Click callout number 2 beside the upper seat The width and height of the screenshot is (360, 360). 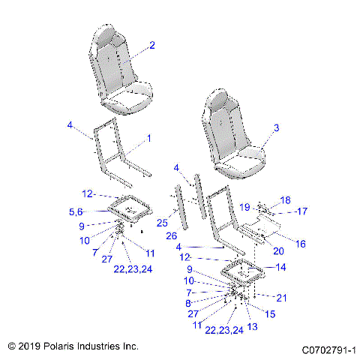[x=151, y=46]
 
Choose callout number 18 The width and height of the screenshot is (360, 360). [x=284, y=200]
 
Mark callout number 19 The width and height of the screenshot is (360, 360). [x=244, y=206]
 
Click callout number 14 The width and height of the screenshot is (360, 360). [x=281, y=267]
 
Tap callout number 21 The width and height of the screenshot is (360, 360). [x=281, y=298]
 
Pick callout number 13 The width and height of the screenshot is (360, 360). [x=252, y=327]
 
